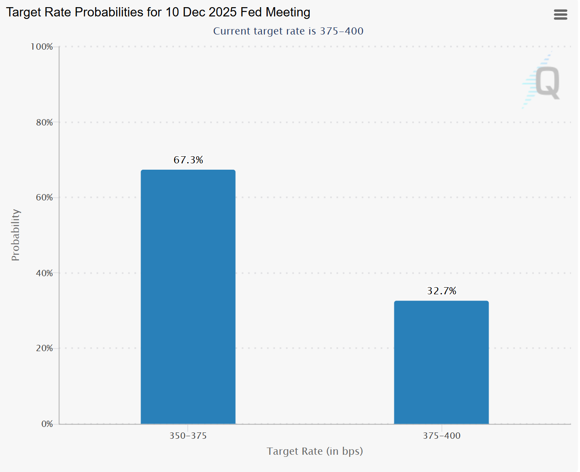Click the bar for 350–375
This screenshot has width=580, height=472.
point(188,297)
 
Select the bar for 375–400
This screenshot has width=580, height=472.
point(441,362)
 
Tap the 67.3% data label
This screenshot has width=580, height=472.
point(188,160)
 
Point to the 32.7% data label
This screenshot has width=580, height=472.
point(442,291)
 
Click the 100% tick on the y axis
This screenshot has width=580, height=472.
point(42,47)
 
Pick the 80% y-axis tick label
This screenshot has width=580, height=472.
point(44,123)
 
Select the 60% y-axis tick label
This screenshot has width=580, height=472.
point(44,197)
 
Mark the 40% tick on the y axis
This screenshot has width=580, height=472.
point(44,273)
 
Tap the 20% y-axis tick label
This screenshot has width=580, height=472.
point(44,348)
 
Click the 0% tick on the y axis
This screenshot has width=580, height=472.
point(47,424)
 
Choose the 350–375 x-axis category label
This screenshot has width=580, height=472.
point(188,436)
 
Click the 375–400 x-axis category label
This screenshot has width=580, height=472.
point(442,436)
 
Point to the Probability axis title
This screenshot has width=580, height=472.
point(16,235)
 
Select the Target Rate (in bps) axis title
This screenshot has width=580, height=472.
point(315,451)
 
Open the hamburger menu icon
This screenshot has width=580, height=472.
point(560,15)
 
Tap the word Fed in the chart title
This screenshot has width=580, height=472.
point(251,12)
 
